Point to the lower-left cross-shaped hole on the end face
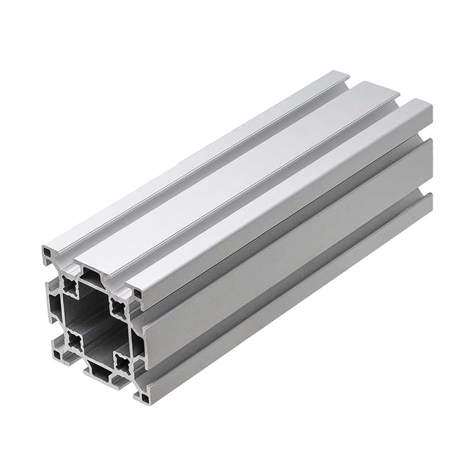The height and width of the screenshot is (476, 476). point(75,339)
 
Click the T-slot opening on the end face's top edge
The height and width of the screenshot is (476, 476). point(91,274)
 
